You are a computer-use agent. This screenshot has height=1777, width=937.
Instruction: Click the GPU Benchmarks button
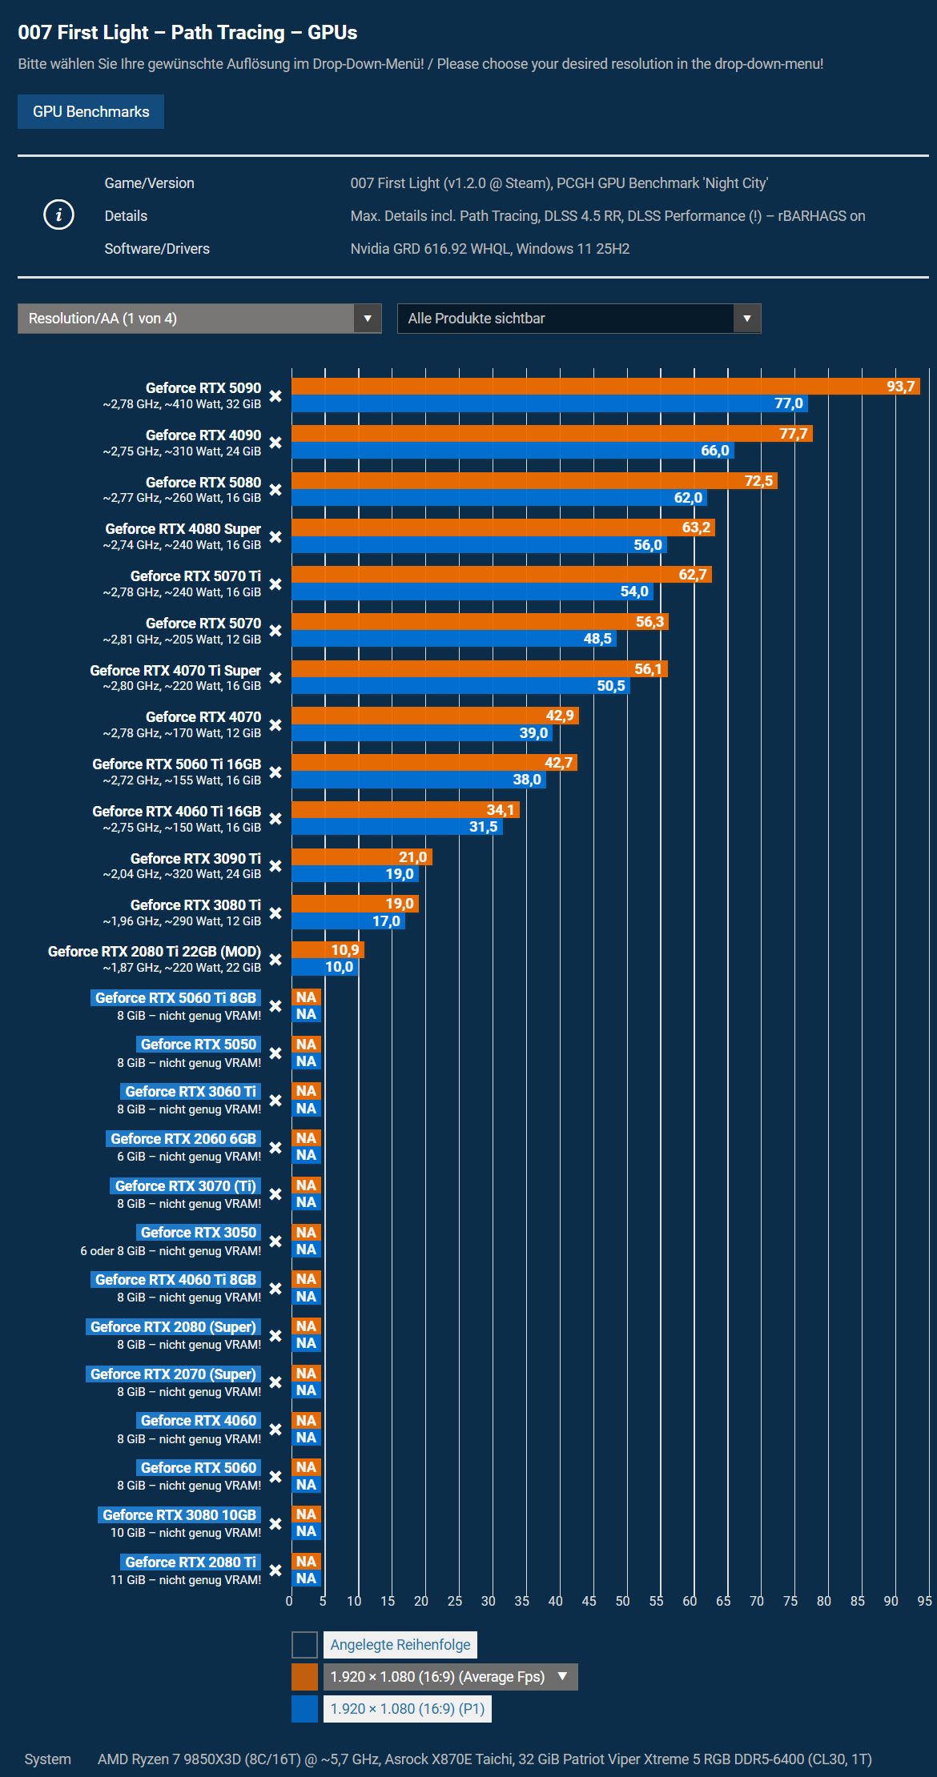point(90,111)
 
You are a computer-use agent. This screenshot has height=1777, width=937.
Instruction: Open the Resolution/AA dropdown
point(199,319)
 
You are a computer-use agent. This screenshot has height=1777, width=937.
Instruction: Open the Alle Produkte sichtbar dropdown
point(579,319)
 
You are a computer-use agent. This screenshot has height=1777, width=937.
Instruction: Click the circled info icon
point(58,215)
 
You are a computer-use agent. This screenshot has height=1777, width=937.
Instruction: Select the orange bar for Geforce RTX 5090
point(605,387)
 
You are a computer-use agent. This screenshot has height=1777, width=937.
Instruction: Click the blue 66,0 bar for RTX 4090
point(513,451)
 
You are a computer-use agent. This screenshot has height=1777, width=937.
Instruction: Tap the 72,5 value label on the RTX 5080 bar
point(758,481)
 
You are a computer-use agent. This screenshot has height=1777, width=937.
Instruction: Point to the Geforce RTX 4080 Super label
point(183,529)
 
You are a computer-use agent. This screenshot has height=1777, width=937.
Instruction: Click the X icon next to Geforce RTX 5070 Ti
point(275,584)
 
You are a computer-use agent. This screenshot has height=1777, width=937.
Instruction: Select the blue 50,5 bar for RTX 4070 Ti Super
point(460,686)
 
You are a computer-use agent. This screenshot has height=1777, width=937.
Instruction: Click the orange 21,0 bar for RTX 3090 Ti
point(362,857)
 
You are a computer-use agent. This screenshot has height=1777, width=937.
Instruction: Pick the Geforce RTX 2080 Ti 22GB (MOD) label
point(155,952)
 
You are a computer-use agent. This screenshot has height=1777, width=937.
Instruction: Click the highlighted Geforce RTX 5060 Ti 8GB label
point(175,998)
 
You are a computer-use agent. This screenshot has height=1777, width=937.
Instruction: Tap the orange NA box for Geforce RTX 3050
point(306,1233)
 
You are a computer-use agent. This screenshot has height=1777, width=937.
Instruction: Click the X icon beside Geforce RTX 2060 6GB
point(275,1148)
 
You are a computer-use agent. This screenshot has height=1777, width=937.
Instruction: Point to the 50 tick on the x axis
point(622,1601)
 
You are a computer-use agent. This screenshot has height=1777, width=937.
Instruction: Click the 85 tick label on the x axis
point(858,1601)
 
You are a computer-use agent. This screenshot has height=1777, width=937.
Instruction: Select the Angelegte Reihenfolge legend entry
point(400,1645)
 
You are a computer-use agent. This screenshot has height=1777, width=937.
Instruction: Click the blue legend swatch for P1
point(304,1709)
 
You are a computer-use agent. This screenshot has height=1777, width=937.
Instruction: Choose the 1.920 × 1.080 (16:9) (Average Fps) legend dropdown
point(450,1677)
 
